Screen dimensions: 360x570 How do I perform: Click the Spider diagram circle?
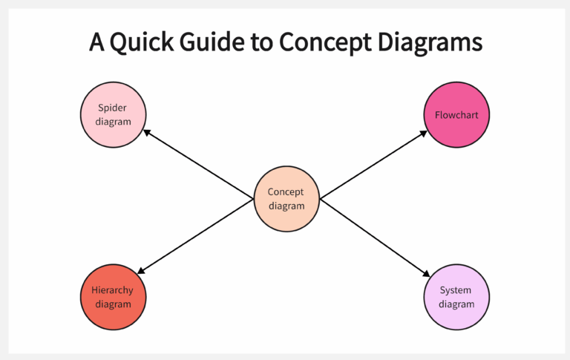113,114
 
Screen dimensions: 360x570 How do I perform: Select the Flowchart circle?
456,114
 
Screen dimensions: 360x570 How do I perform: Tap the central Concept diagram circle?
286,198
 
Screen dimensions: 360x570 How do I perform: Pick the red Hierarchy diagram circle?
113,297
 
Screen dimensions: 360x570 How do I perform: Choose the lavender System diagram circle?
456,297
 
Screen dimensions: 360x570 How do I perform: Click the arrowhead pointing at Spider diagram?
148,133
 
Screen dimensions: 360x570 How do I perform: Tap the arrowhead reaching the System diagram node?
427,274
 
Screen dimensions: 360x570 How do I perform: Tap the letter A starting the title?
96,42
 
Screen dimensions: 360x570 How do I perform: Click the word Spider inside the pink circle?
113,108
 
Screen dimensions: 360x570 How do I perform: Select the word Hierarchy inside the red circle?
113,290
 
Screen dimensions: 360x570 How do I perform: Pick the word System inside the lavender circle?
456,290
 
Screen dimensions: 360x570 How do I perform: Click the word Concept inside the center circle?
286,192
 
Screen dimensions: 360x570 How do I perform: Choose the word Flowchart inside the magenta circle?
456,115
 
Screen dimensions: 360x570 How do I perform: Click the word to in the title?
264,42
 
